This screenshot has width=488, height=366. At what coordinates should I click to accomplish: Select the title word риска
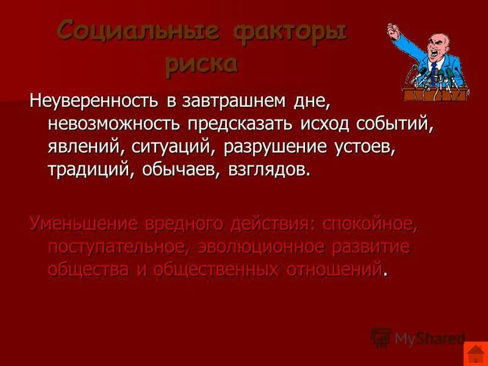201,63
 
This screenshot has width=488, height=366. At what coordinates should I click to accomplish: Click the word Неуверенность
90,101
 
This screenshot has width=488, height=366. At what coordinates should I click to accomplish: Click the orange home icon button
474,354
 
